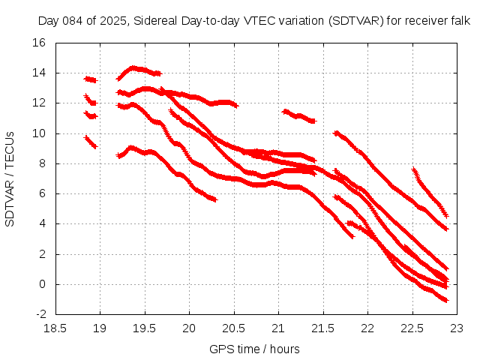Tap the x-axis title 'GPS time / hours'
coord(255,349)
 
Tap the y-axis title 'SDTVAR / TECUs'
coord(10,178)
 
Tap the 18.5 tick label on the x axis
coord(56,328)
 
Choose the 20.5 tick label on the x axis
coord(234,328)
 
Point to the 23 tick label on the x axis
coord(456,328)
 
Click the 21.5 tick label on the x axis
coord(322,328)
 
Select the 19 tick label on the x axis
coord(100,328)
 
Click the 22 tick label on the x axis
coord(367,328)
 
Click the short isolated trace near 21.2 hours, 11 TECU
coord(298,115)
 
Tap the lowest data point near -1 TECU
coord(446,301)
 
